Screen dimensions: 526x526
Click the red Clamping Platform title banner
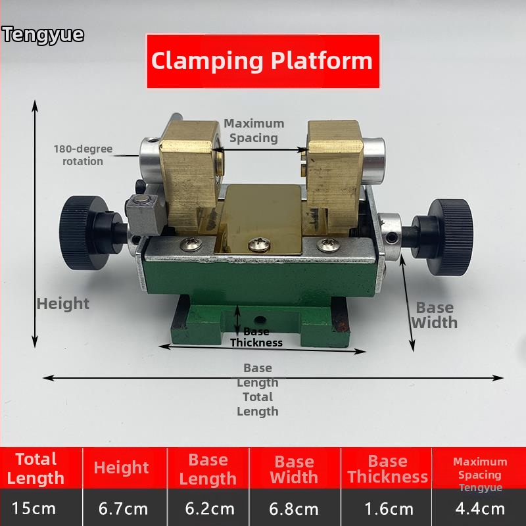point(264,61)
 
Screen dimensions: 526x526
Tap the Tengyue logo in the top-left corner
point(43,35)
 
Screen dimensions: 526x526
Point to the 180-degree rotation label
point(83,155)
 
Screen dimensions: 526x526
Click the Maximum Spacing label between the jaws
point(254,130)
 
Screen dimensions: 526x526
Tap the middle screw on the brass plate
point(260,245)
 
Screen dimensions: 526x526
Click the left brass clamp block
point(190,175)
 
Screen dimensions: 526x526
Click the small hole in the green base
point(260,320)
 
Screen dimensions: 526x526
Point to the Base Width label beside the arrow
point(435,315)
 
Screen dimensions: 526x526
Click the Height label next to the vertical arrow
point(63,304)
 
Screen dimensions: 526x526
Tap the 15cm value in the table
point(34,508)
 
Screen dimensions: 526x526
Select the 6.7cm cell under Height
point(123,508)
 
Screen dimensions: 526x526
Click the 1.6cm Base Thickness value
point(389,509)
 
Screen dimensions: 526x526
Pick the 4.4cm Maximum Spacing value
point(480,509)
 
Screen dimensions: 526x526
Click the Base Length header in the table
point(208,469)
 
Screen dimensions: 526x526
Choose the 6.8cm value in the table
point(294,509)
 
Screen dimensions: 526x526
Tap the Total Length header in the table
point(36,468)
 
